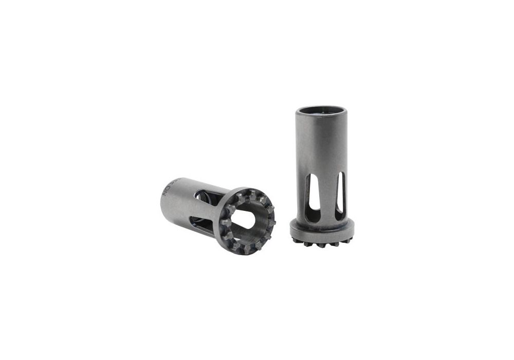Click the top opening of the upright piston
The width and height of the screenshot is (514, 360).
pyautogui.click(x=322, y=110)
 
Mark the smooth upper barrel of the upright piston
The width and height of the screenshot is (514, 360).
pyautogui.click(x=322, y=144)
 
